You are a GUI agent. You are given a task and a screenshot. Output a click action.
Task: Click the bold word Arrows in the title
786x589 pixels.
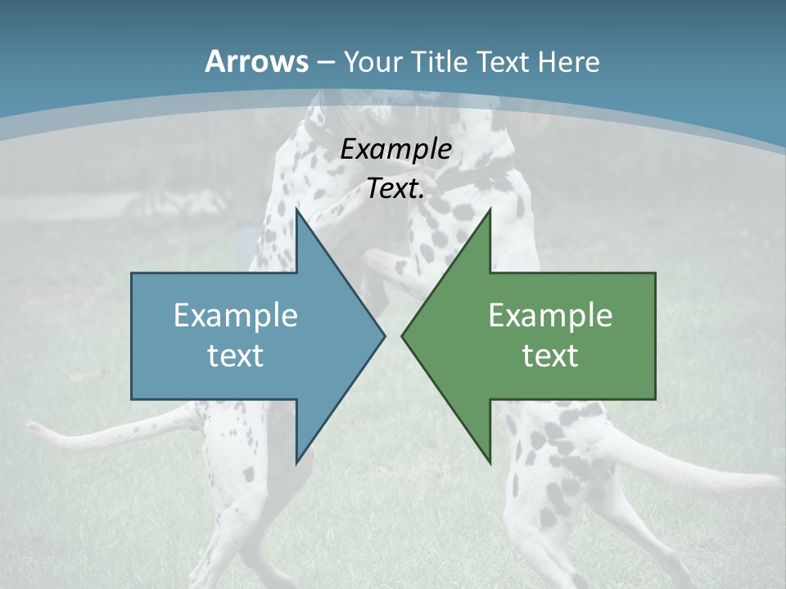tap(256, 61)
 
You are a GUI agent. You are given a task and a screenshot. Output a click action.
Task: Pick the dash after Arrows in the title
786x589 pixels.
tap(325, 62)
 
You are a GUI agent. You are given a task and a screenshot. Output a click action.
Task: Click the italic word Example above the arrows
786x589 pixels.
tap(396, 149)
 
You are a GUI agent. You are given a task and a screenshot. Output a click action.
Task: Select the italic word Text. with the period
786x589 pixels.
tap(396, 189)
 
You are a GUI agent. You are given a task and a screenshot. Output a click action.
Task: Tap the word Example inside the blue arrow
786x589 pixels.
tap(236, 315)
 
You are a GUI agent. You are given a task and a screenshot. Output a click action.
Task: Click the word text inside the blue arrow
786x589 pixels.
tap(236, 355)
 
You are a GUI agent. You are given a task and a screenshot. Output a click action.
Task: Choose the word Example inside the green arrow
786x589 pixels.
tap(550, 315)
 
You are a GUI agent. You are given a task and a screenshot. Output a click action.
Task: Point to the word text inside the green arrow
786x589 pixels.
tap(550, 355)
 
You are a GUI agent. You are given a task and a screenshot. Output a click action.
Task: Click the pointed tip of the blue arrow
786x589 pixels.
tap(384, 336)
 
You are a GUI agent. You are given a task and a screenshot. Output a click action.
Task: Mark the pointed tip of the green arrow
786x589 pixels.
tap(403, 336)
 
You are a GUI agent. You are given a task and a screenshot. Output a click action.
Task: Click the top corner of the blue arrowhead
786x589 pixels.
tap(296, 209)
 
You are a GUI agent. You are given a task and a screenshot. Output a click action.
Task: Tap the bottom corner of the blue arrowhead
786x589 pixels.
tap(296, 463)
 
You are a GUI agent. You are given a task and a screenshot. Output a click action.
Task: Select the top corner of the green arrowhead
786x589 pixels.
tap(490, 209)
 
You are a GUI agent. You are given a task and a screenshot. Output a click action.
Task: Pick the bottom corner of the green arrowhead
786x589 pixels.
tap(490, 463)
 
